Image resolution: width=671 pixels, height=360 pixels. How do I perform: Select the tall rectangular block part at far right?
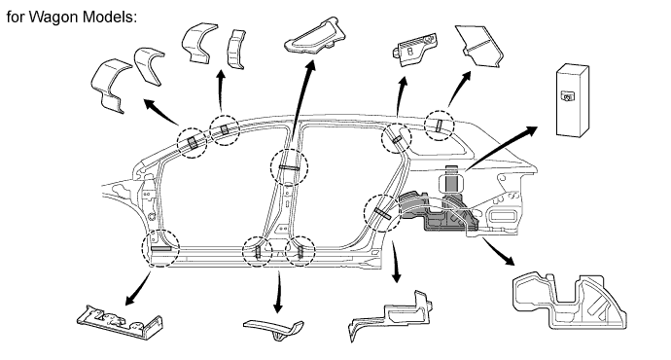572,101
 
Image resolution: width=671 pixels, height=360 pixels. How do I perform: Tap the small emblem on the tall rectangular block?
569,96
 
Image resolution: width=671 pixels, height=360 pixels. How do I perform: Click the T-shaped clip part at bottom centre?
274,329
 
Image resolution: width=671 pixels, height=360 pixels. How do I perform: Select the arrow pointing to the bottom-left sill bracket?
138,289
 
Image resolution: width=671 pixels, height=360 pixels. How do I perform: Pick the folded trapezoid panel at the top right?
479,46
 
